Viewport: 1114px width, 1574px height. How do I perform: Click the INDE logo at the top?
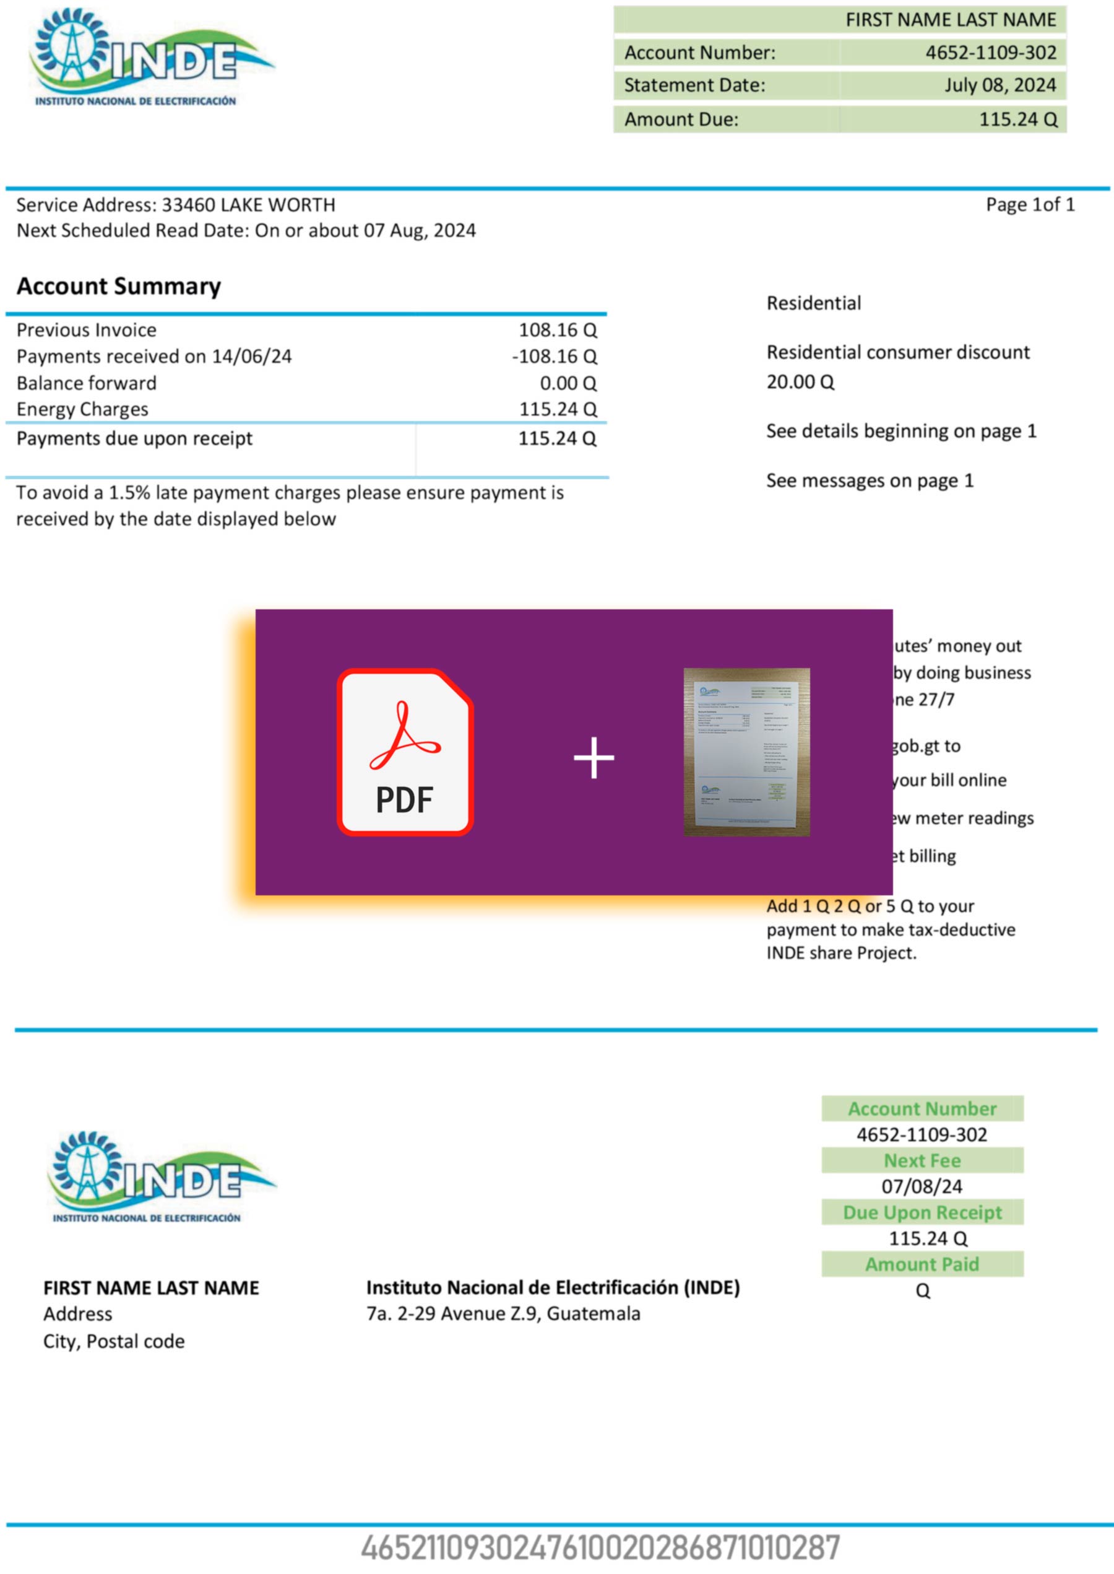151,58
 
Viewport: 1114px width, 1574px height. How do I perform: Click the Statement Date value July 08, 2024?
1000,85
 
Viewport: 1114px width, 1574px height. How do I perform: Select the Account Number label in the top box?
700,53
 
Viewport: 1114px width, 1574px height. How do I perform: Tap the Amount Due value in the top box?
1017,120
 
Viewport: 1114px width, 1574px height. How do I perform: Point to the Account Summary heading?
119,286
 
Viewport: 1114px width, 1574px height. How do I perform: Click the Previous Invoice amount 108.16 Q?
557,330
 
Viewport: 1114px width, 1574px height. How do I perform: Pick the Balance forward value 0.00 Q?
568,383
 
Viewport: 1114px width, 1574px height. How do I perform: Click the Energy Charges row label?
82,410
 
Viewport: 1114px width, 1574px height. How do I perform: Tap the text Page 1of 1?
1030,204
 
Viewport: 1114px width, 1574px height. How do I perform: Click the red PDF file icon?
405,751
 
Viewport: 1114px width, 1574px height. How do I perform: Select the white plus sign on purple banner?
594,757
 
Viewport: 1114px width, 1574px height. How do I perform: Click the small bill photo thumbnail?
746,751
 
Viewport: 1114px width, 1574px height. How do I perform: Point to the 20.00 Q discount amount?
800,382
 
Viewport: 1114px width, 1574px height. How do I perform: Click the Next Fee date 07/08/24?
922,1186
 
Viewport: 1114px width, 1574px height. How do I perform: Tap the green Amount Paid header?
922,1264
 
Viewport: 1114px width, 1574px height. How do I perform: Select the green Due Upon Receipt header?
922,1212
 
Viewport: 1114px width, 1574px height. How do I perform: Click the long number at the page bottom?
600,1549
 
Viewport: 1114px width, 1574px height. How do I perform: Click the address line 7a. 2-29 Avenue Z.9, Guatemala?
503,1313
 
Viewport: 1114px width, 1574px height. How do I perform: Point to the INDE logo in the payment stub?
161,1176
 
